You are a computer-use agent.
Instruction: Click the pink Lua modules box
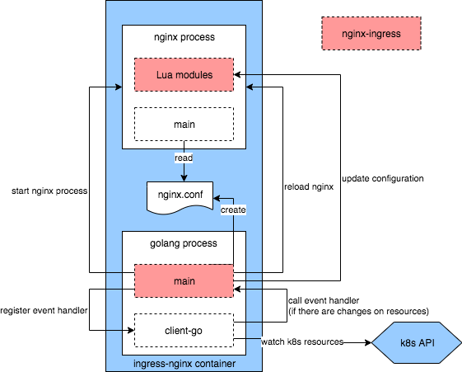coord(184,75)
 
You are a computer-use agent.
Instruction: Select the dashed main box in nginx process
coord(184,124)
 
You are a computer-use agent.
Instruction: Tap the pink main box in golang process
coord(184,280)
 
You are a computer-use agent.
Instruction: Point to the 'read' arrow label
coord(184,158)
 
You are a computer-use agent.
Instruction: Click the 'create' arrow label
coord(233,211)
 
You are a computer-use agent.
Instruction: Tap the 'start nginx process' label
coord(49,191)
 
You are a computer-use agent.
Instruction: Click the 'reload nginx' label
coord(308,186)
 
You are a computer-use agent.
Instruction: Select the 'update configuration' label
coord(382,178)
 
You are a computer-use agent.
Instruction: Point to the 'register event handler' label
coord(44,311)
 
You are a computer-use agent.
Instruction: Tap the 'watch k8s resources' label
coord(296,341)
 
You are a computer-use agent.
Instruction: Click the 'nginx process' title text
coord(184,39)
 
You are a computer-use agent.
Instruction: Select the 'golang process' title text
coord(184,244)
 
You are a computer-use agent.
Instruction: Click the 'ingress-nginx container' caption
coord(184,363)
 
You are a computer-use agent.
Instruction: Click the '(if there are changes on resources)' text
coord(357,311)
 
